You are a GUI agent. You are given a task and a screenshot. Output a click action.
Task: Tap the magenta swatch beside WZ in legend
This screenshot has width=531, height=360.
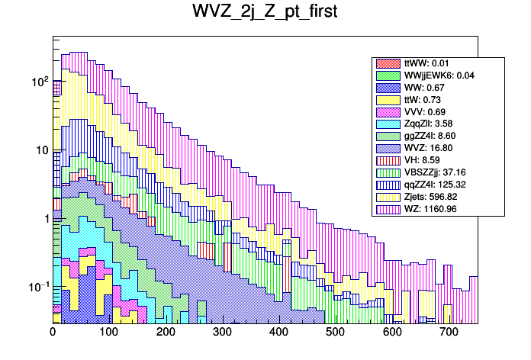(389, 209)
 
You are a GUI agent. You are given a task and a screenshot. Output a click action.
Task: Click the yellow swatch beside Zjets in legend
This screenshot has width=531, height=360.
(389, 197)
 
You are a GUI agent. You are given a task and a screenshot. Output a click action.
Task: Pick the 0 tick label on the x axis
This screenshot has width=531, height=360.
(53, 332)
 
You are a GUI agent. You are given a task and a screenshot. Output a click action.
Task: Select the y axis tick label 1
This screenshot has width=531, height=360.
(43, 219)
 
